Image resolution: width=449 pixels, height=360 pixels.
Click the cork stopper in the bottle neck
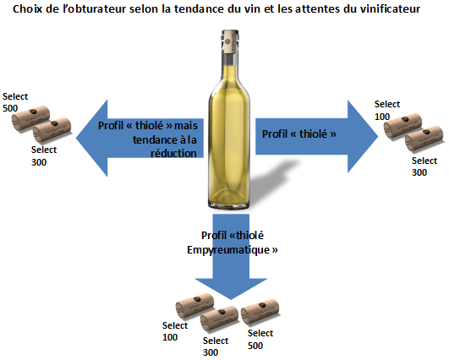pos(230,41)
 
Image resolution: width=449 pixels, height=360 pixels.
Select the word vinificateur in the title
pos(390,8)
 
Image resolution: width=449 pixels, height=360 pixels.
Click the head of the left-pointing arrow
pos(91,138)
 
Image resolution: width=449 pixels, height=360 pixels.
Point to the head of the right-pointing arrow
pos(363,137)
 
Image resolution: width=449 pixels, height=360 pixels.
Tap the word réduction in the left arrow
pos(173,153)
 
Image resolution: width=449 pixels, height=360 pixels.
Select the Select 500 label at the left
pos(15,102)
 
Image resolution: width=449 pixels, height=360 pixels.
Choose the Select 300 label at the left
pos(44,155)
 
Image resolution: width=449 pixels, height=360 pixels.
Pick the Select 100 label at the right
pos(387,110)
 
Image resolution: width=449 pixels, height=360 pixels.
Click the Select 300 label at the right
pos(424,166)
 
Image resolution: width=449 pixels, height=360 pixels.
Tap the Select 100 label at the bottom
pos(175,331)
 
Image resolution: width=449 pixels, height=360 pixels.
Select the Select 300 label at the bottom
pos(216,346)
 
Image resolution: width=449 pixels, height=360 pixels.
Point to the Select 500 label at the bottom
pos(260,339)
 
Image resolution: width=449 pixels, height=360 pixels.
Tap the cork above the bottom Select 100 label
pos(194,306)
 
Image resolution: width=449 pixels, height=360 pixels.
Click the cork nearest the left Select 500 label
pos(30,118)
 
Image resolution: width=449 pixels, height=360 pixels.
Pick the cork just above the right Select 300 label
pos(424,139)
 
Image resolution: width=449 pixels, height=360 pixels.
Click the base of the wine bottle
pos(229,203)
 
